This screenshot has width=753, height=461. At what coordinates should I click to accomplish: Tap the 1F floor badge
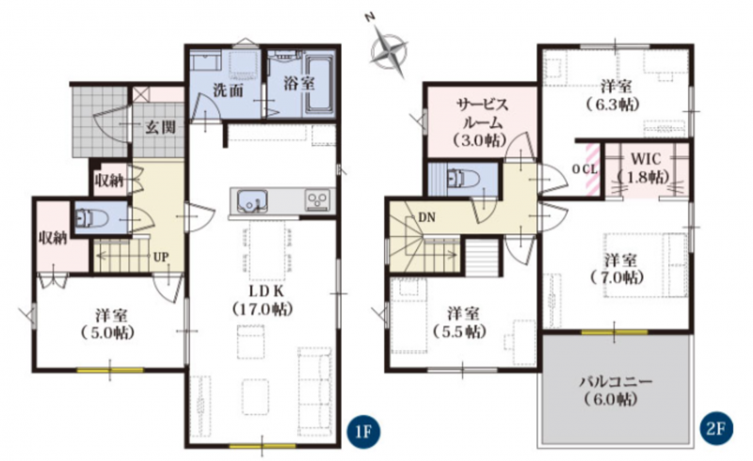363,430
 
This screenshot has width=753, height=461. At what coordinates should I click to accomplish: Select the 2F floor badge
715,429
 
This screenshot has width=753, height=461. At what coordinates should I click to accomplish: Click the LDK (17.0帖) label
263,300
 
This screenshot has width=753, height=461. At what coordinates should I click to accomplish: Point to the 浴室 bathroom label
298,84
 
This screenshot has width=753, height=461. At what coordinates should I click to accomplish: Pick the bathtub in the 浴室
319,85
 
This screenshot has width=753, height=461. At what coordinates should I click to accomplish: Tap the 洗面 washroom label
228,89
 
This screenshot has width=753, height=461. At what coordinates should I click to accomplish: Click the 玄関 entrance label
160,127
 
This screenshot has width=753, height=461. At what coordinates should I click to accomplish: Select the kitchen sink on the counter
252,201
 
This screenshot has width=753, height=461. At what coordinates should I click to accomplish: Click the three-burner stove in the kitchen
318,200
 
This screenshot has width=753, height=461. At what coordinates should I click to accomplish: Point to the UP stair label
160,258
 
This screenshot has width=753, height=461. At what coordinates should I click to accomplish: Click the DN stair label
426,217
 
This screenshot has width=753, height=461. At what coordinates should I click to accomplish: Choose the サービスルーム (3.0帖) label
481,122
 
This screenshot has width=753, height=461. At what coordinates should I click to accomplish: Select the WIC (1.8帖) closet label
645,167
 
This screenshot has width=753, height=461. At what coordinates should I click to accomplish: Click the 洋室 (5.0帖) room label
110,324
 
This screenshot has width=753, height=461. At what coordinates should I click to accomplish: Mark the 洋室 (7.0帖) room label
619,269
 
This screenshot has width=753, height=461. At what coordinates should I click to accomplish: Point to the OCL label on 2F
585,169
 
